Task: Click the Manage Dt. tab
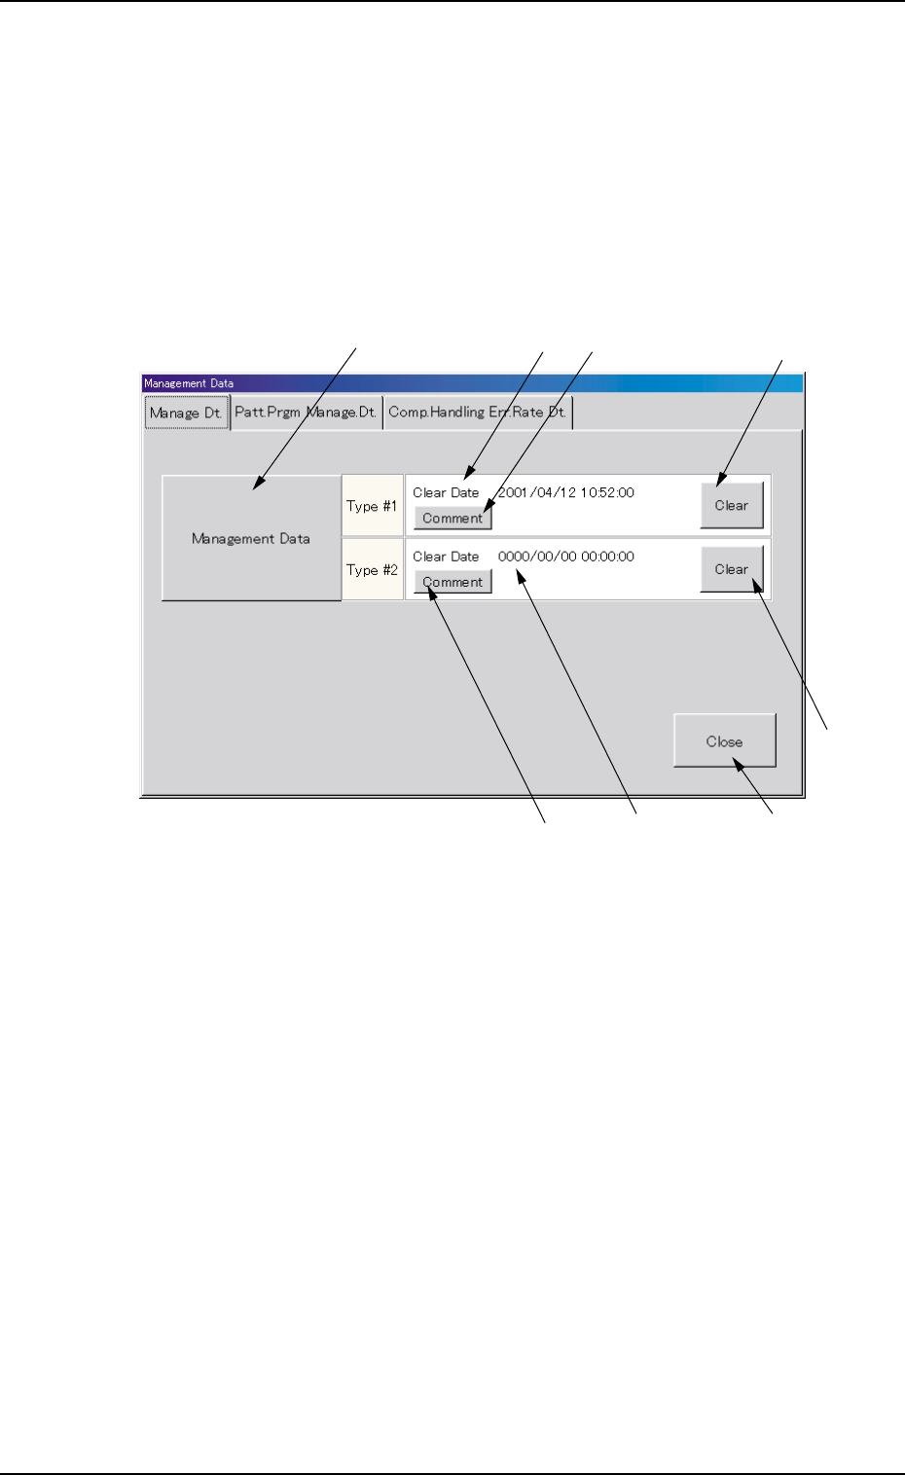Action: tap(186, 413)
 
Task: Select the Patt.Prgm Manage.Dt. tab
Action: tap(306, 413)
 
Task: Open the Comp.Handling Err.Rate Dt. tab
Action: tap(477, 413)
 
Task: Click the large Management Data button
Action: tap(250, 538)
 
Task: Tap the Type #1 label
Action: tap(372, 506)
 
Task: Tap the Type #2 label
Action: tap(372, 570)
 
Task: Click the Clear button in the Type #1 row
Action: tap(731, 506)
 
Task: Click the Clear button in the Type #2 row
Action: tap(731, 570)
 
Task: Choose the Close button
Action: tap(724, 741)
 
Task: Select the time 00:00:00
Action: tap(608, 557)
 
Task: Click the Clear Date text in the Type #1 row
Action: tap(446, 492)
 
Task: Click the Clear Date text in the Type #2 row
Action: tap(446, 557)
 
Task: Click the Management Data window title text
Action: tap(189, 383)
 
